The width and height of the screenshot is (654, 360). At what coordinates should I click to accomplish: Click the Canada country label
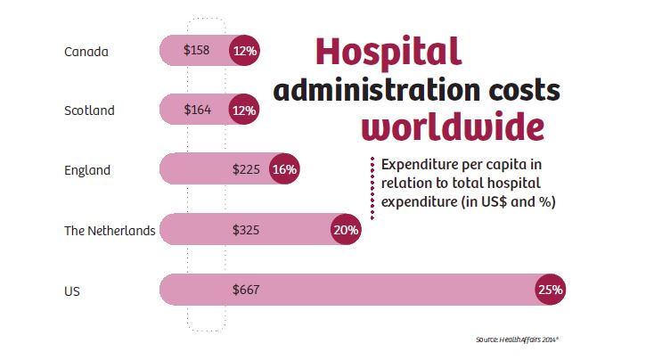click(86, 52)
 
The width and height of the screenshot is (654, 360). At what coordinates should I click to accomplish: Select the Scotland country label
click(89, 111)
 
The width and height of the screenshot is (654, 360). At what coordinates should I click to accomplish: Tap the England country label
click(87, 170)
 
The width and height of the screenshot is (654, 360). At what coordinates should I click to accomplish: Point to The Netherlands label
click(110, 230)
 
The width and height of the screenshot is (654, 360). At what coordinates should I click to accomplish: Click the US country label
click(72, 290)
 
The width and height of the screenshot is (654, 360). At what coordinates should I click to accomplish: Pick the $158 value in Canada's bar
click(196, 51)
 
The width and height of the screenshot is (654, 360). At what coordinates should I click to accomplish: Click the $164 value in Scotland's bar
click(197, 110)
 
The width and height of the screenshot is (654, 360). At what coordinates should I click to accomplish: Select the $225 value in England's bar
click(246, 169)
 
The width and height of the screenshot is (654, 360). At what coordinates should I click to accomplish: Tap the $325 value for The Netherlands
click(246, 229)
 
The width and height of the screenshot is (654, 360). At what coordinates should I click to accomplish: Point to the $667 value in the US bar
click(246, 289)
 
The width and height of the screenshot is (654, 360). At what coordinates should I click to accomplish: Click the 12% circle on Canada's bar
click(244, 51)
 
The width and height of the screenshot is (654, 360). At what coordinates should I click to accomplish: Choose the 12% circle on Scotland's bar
click(244, 110)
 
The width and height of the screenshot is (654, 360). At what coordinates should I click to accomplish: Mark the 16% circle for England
click(285, 169)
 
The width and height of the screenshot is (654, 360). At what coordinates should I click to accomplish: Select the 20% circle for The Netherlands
click(346, 229)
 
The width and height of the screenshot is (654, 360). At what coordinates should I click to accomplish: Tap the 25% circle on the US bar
click(550, 289)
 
